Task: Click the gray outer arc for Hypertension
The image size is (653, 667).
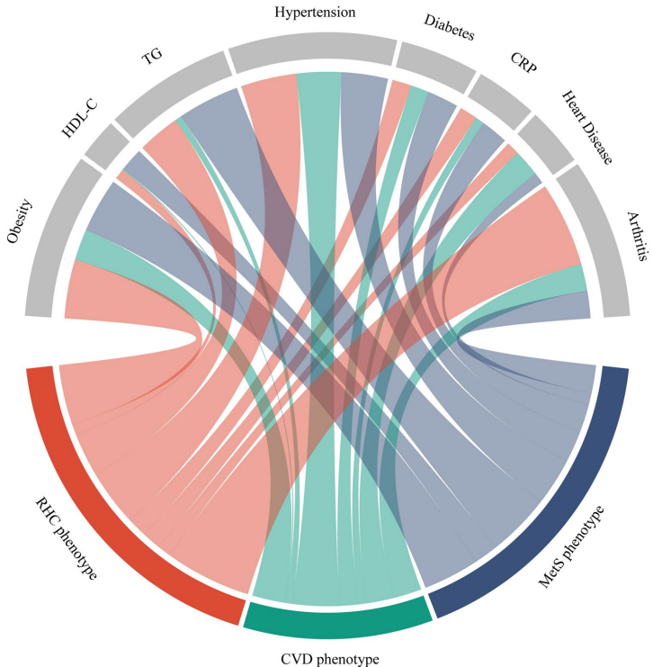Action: (312, 51)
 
